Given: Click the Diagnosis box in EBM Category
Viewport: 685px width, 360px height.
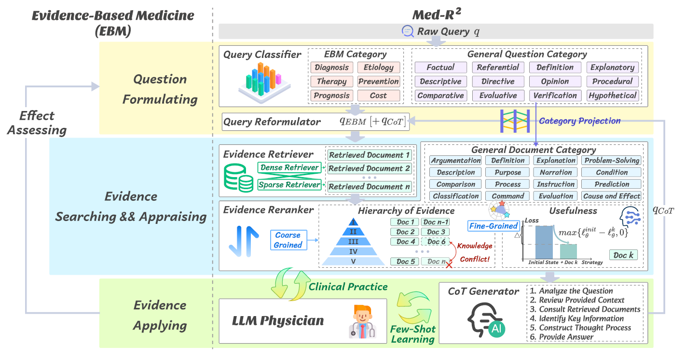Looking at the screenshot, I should pyautogui.click(x=331, y=68).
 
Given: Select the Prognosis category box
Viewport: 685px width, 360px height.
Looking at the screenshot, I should pyautogui.click(x=331, y=96).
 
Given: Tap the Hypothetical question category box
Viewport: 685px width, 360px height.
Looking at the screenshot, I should pyautogui.click(x=613, y=96).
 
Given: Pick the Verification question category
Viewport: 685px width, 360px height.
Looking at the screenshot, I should pyautogui.click(x=555, y=96).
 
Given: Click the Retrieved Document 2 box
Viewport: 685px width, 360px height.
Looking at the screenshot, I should pyautogui.click(x=369, y=168).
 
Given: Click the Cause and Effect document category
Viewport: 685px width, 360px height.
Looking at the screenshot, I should pyautogui.click(x=612, y=196).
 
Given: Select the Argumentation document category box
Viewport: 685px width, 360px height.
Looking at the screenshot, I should pyautogui.click(x=456, y=160).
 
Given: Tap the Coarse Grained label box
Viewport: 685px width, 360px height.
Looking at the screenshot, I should pyautogui.click(x=288, y=240).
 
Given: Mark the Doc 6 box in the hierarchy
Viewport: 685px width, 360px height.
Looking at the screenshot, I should pyautogui.click(x=437, y=242).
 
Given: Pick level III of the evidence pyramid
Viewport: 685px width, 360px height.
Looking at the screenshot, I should pyautogui.click(x=354, y=241).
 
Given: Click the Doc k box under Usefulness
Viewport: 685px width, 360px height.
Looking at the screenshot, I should pyautogui.click(x=623, y=255).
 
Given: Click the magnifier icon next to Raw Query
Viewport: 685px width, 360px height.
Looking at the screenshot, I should pyautogui.click(x=408, y=31).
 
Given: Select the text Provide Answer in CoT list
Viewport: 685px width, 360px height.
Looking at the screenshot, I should pyautogui.click(x=566, y=337).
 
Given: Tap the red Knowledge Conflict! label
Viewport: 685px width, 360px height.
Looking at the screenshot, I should pyautogui.click(x=475, y=252).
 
